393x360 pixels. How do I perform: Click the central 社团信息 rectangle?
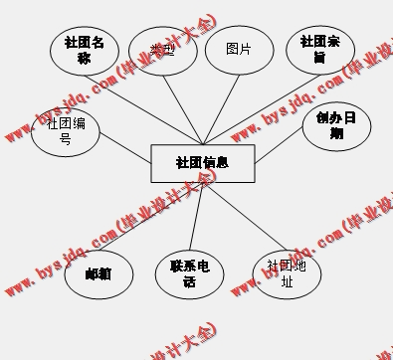202,163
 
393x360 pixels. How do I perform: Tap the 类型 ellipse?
161,51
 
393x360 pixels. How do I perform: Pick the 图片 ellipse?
239,51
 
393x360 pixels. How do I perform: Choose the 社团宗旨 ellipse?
319,51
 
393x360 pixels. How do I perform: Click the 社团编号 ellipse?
66,131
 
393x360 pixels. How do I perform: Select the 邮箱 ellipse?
98,272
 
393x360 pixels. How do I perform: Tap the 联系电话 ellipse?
189,273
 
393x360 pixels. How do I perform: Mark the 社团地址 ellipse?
289,272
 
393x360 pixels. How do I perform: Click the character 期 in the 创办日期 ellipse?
336,133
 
